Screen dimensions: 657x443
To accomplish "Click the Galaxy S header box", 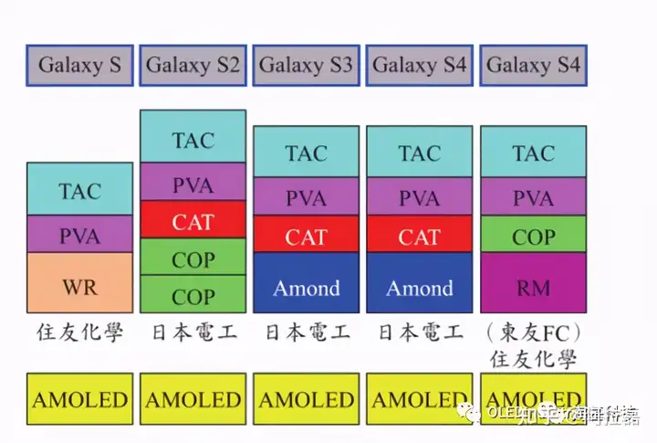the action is [x=79, y=65].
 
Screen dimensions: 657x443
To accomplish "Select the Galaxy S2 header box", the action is [x=193, y=65].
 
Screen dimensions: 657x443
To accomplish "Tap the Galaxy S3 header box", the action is [x=306, y=65].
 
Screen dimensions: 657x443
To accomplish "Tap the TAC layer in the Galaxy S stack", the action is [x=79, y=189].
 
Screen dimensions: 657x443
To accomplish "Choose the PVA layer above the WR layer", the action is [x=79, y=235].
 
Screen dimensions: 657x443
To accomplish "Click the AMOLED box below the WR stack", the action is [x=79, y=399].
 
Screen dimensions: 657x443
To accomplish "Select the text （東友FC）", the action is [x=533, y=332].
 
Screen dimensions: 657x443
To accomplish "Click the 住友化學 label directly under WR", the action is [x=79, y=332].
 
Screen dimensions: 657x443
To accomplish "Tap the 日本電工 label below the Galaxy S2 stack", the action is [x=193, y=332].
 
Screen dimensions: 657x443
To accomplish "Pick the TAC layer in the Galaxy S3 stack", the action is [x=306, y=153].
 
